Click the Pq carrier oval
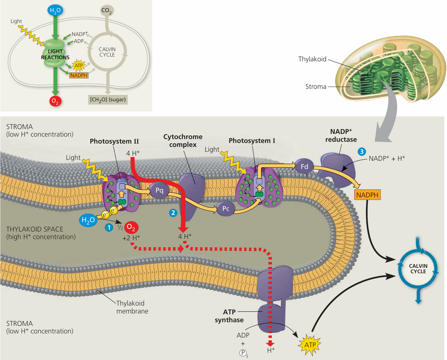pos(159,190)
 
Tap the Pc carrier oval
pos(226,209)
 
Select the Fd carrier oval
pos(304,167)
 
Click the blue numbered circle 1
pos(109,227)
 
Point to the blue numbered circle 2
pos(173,213)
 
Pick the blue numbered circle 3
pos(362,152)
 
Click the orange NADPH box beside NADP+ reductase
pos(367,195)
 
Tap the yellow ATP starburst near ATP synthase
pos(310,345)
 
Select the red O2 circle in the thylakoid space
pos(131,227)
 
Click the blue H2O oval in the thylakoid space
pos(88,220)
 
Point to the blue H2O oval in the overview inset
pos(55,10)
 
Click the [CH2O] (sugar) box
pos(108,99)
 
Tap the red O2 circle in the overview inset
pos(55,101)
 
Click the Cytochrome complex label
pos(183,141)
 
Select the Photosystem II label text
pos(114,141)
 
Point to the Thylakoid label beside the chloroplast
pos(312,59)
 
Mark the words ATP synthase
pos(229,316)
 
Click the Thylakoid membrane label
pos(132,307)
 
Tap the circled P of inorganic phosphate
pos(243,353)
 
